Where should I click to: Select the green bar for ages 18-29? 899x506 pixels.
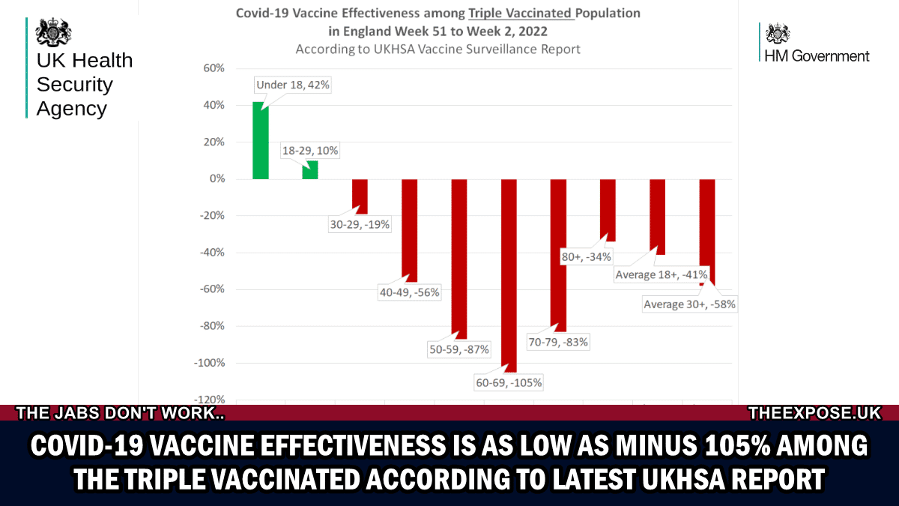310,170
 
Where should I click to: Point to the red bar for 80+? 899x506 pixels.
608,210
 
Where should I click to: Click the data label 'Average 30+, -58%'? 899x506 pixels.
689,304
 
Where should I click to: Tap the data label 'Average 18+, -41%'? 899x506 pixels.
661,275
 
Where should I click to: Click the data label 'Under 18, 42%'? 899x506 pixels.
292,85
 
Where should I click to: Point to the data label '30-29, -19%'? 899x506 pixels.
360,224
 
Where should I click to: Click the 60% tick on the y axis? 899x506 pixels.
214,68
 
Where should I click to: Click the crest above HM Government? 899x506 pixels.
778,34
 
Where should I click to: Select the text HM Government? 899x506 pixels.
816,55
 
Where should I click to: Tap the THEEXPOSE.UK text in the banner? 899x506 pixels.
814,413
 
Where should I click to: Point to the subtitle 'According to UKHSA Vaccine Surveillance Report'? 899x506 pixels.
438,49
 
